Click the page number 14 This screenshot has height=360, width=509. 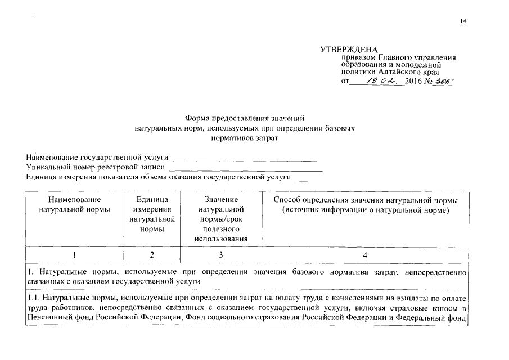point(463,21)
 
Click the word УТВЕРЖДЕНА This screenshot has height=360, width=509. point(349,49)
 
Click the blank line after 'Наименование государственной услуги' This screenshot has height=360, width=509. point(243,159)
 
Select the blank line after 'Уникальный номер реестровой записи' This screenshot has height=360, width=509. point(245,168)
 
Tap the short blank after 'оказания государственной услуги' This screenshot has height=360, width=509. point(302,179)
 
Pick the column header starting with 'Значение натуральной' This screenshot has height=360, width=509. point(221,219)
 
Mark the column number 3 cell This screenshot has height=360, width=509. point(221,255)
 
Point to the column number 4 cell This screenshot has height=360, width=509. point(365,255)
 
